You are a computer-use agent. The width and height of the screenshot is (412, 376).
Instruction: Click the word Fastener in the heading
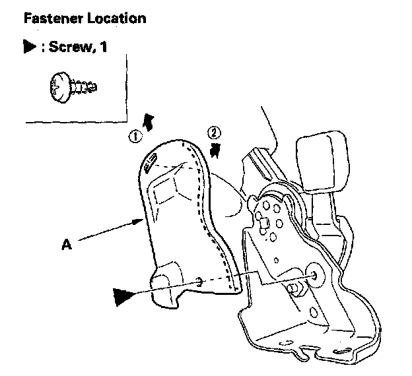click(x=50, y=18)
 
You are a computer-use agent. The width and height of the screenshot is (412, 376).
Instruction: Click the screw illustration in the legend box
click(x=71, y=86)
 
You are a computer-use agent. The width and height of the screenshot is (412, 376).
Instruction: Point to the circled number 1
click(x=135, y=137)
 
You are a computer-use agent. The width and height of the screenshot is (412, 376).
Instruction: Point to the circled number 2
click(x=214, y=132)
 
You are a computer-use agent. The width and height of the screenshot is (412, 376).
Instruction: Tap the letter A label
click(x=67, y=244)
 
